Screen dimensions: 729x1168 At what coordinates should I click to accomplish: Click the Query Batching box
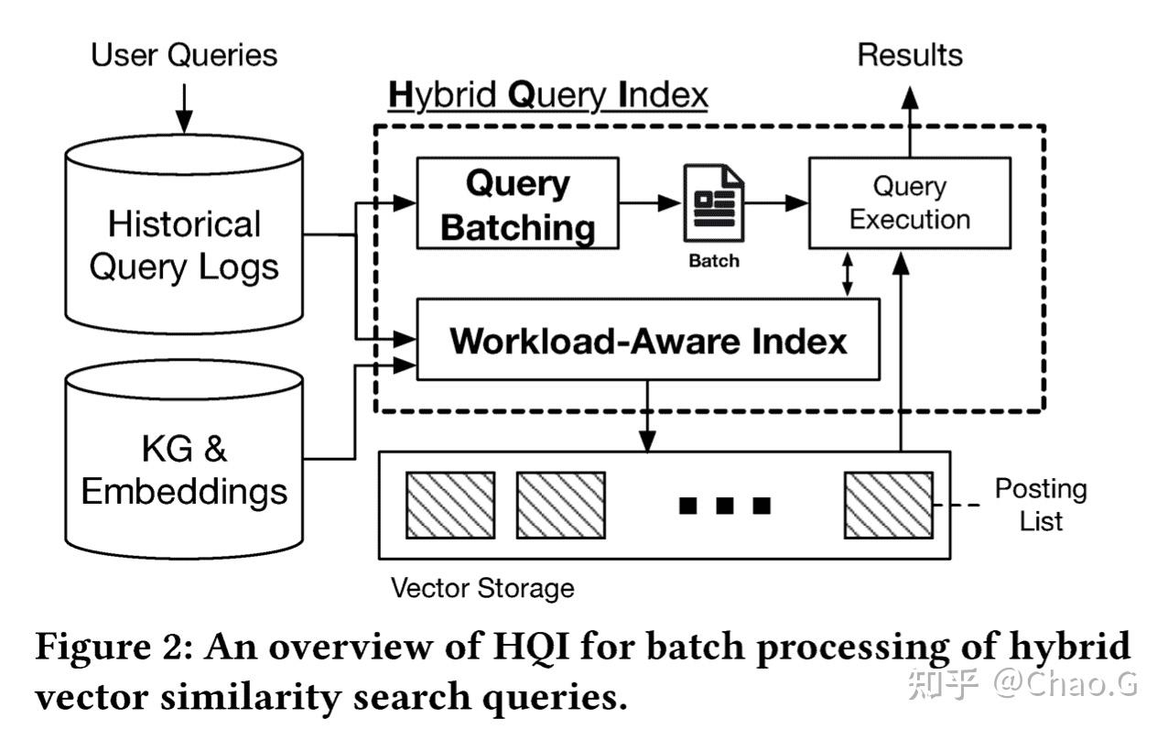point(517,203)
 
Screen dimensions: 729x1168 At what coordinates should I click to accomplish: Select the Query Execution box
point(909,203)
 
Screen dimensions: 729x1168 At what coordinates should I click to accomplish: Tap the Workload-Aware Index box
point(648,340)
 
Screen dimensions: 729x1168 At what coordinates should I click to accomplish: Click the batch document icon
point(713,203)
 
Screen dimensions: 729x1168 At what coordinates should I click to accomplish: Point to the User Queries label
point(184,55)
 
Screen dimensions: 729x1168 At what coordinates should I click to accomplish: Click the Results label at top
point(909,55)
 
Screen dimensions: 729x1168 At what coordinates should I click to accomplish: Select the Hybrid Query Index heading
point(547,95)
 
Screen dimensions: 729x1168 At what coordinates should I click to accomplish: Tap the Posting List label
point(1041,505)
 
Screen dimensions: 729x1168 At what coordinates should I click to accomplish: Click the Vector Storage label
point(482,587)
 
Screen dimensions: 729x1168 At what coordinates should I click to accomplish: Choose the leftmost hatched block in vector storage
point(450,505)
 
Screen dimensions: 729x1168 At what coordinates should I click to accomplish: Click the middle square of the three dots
point(725,505)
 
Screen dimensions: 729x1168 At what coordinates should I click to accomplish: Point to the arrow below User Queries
point(184,108)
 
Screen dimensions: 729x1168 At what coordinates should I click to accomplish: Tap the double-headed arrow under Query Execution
point(848,274)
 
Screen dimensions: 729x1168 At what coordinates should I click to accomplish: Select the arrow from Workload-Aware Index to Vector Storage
point(648,416)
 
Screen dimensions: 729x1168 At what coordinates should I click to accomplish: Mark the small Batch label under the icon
point(713,261)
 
